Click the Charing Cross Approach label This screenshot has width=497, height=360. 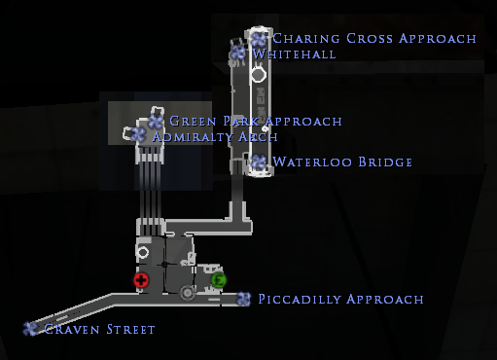point(374,39)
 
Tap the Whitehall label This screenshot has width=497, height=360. point(294,54)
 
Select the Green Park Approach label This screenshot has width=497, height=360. point(256,122)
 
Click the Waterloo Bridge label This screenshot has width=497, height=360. point(343,162)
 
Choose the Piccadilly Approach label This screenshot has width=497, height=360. point(340,300)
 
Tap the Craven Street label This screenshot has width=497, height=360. point(100,330)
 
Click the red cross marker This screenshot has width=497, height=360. point(141,281)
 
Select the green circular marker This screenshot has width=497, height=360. point(219,281)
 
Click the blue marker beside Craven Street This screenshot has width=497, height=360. point(30,329)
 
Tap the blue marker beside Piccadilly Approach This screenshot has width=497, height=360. point(243,299)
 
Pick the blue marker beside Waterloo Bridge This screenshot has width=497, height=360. point(259,162)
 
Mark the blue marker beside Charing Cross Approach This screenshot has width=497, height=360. point(259,39)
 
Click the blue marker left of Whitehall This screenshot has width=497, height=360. point(237,53)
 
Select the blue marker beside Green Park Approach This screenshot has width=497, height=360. point(156,122)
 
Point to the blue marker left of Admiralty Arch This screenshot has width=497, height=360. point(138,135)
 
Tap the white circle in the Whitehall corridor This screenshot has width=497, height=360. point(259,72)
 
